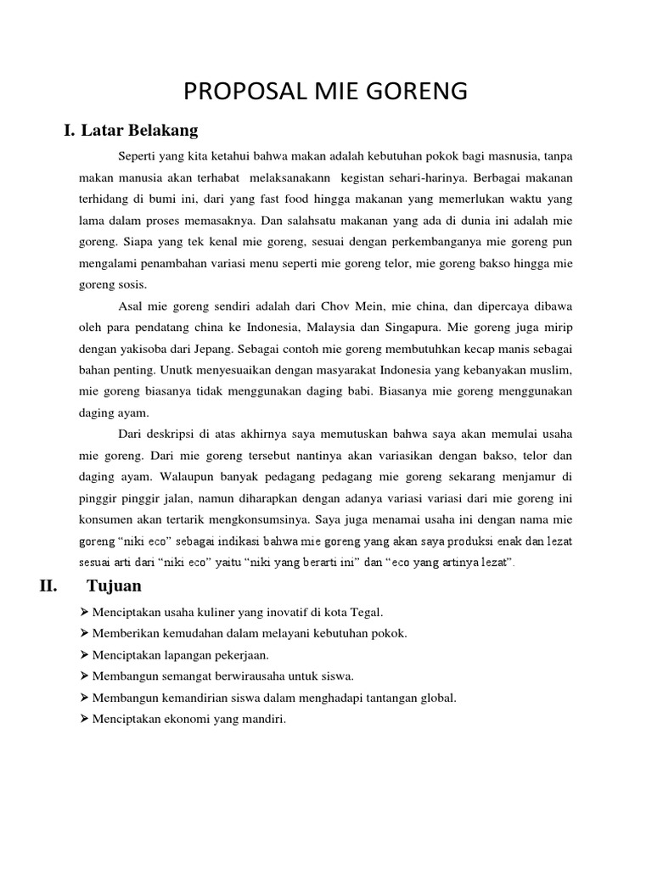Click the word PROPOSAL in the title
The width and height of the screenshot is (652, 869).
[x=233, y=92]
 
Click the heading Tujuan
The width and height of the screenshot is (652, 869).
[x=114, y=586]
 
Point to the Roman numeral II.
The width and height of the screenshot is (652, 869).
[x=48, y=586]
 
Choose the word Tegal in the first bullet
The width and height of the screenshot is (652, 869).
[x=367, y=612]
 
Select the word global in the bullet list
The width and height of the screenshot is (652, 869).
[x=437, y=698]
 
